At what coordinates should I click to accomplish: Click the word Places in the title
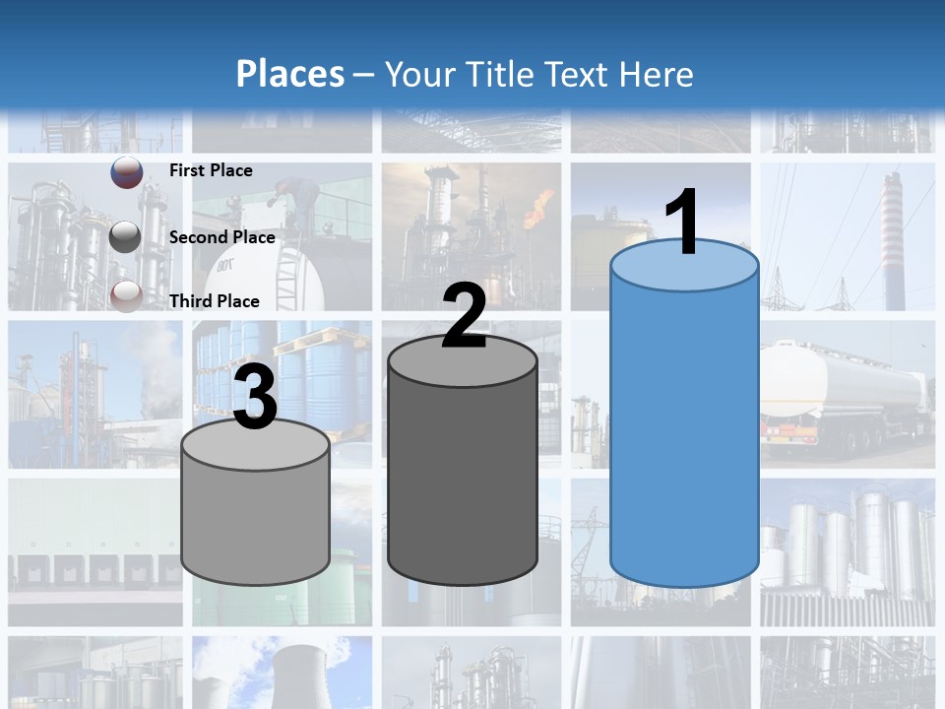(290, 74)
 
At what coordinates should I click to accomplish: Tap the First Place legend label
(211, 170)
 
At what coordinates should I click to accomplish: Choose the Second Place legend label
(221, 237)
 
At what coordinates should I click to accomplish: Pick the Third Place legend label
(215, 301)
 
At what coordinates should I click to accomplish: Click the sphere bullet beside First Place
(126, 172)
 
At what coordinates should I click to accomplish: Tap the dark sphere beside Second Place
(126, 237)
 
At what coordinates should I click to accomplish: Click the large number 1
(683, 223)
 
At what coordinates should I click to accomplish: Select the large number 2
(464, 316)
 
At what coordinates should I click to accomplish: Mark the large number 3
(255, 398)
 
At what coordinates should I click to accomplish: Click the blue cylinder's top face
(684, 267)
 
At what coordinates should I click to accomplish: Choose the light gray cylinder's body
(255, 522)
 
